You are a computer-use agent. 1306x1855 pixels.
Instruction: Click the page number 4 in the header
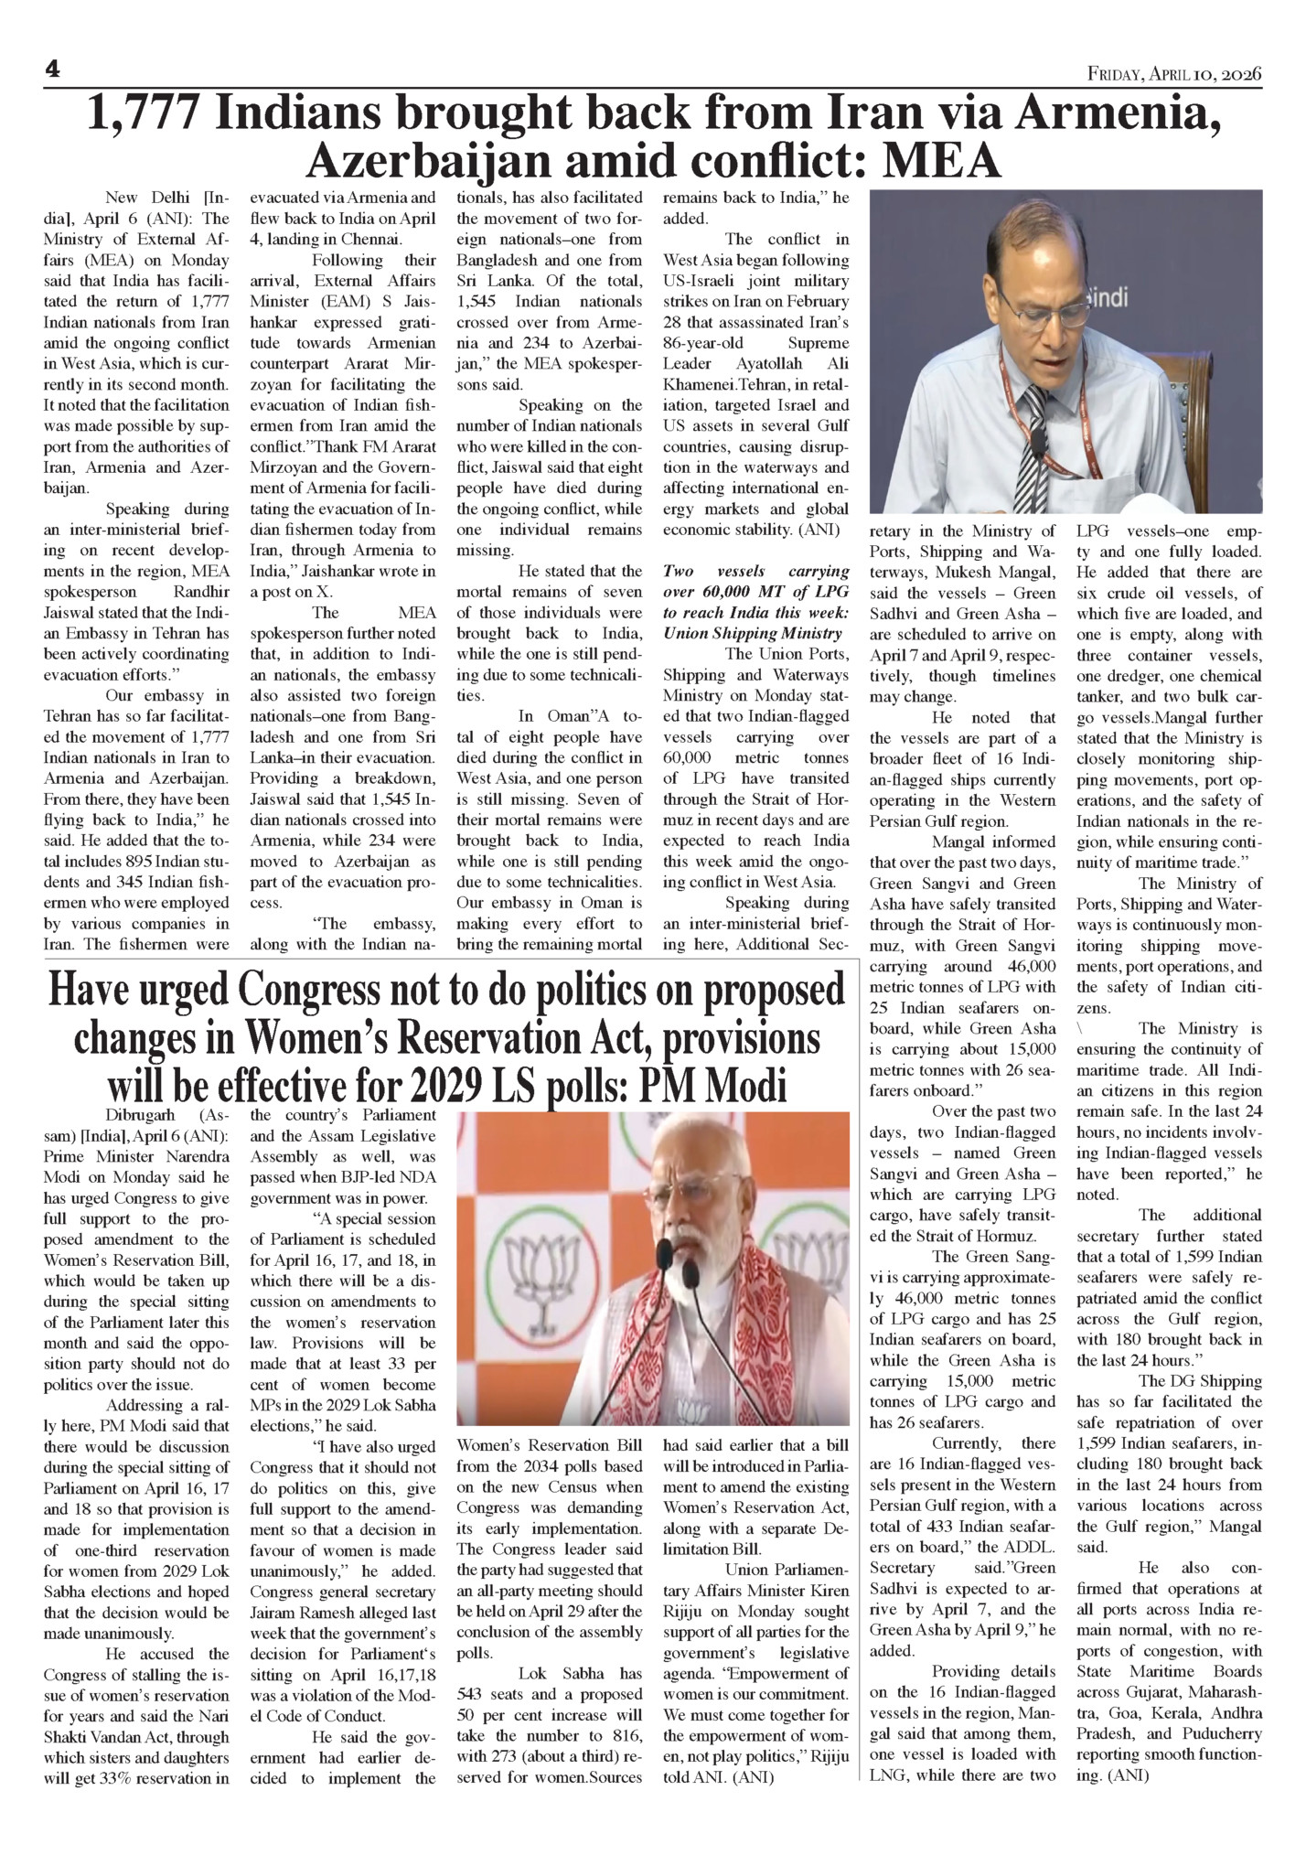52,69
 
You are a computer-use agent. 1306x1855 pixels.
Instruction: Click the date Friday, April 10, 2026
1174,73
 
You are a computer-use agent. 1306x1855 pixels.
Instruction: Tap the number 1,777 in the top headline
143,116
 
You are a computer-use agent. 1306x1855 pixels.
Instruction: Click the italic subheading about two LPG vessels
756,602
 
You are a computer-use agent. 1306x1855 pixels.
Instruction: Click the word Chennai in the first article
370,240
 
